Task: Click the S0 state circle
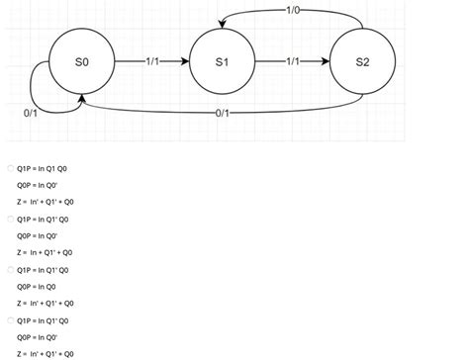(82, 61)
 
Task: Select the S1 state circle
(222, 61)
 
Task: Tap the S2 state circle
(362, 61)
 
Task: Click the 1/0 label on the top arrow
(292, 11)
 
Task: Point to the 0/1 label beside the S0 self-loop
(31, 113)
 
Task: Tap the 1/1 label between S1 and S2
(292, 61)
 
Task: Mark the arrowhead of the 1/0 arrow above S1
(222, 23)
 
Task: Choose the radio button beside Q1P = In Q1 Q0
(10, 168)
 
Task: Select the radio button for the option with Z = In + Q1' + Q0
(10, 219)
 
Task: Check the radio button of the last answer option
(10, 320)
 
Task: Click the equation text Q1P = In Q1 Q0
(43, 168)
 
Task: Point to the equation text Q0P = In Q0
(37, 287)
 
